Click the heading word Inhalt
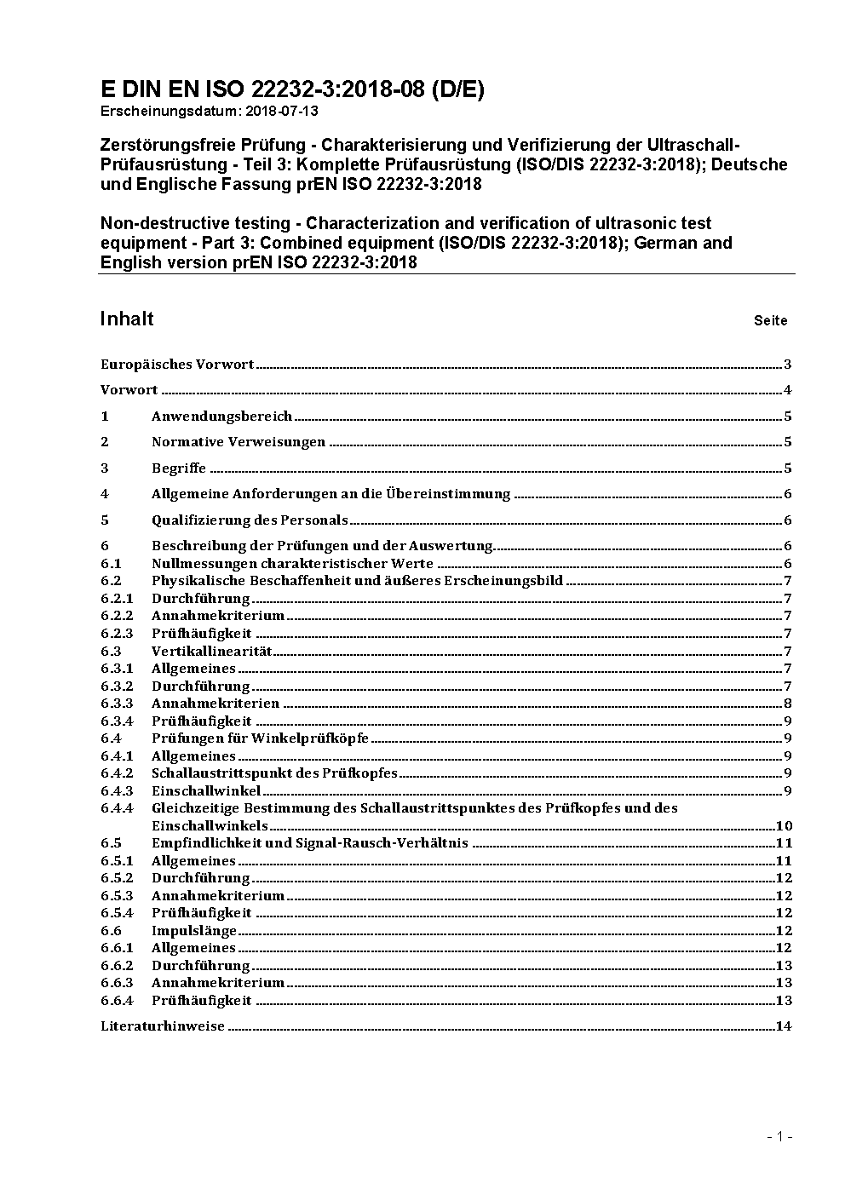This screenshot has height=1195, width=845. tap(127, 319)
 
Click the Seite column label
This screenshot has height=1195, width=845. tap(770, 321)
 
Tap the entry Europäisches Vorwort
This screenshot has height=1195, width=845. tap(177, 365)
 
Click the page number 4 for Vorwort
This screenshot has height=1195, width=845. tap(788, 391)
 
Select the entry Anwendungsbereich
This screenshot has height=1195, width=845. tap(221, 417)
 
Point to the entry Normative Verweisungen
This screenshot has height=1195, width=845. tap(239, 442)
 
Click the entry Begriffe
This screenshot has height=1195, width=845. tap(179, 468)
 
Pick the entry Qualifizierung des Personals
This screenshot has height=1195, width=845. tap(250, 520)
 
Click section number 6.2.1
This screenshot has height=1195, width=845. tap(117, 599)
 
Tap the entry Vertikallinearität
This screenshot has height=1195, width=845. tap(211, 652)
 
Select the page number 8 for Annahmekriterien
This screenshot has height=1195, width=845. tap(788, 704)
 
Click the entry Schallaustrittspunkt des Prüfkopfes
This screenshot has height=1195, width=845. tap(274, 773)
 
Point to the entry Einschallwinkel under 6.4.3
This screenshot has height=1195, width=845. tap(206, 791)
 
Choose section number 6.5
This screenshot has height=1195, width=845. tap(111, 843)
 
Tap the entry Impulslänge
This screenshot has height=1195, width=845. tap(194, 931)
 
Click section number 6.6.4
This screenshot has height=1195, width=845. tap(117, 1001)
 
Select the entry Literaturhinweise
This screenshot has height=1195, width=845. tap(163, 1026)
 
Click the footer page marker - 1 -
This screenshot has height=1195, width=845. tap(779, 1136)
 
